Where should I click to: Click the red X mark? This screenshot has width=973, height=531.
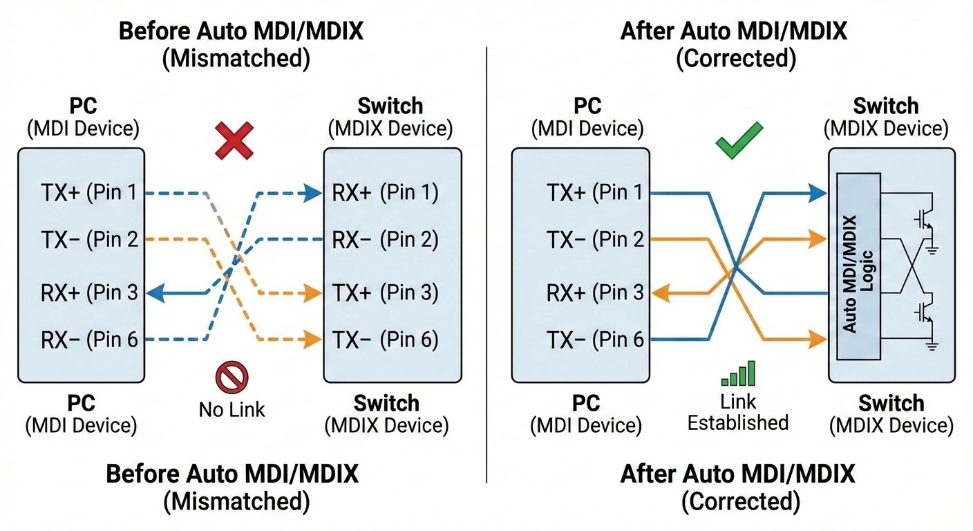234,142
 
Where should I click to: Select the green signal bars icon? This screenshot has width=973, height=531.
739,373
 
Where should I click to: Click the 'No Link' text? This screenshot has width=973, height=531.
232,409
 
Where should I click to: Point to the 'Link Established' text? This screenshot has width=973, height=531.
738,412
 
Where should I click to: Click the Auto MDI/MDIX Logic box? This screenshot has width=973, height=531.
858,267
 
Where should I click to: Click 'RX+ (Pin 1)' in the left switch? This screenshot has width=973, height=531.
385,193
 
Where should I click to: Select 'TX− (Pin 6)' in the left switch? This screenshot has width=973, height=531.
385,340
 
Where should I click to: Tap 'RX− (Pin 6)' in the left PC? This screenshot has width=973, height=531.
89,340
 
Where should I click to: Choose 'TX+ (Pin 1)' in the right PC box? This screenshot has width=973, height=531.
594,193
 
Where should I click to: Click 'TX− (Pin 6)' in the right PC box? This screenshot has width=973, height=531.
594,340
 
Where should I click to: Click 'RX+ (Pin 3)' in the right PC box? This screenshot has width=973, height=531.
594,293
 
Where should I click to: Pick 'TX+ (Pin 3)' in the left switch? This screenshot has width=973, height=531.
385,293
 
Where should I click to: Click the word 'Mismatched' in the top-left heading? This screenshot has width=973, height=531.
236,58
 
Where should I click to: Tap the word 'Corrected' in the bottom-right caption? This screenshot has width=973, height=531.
740,501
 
